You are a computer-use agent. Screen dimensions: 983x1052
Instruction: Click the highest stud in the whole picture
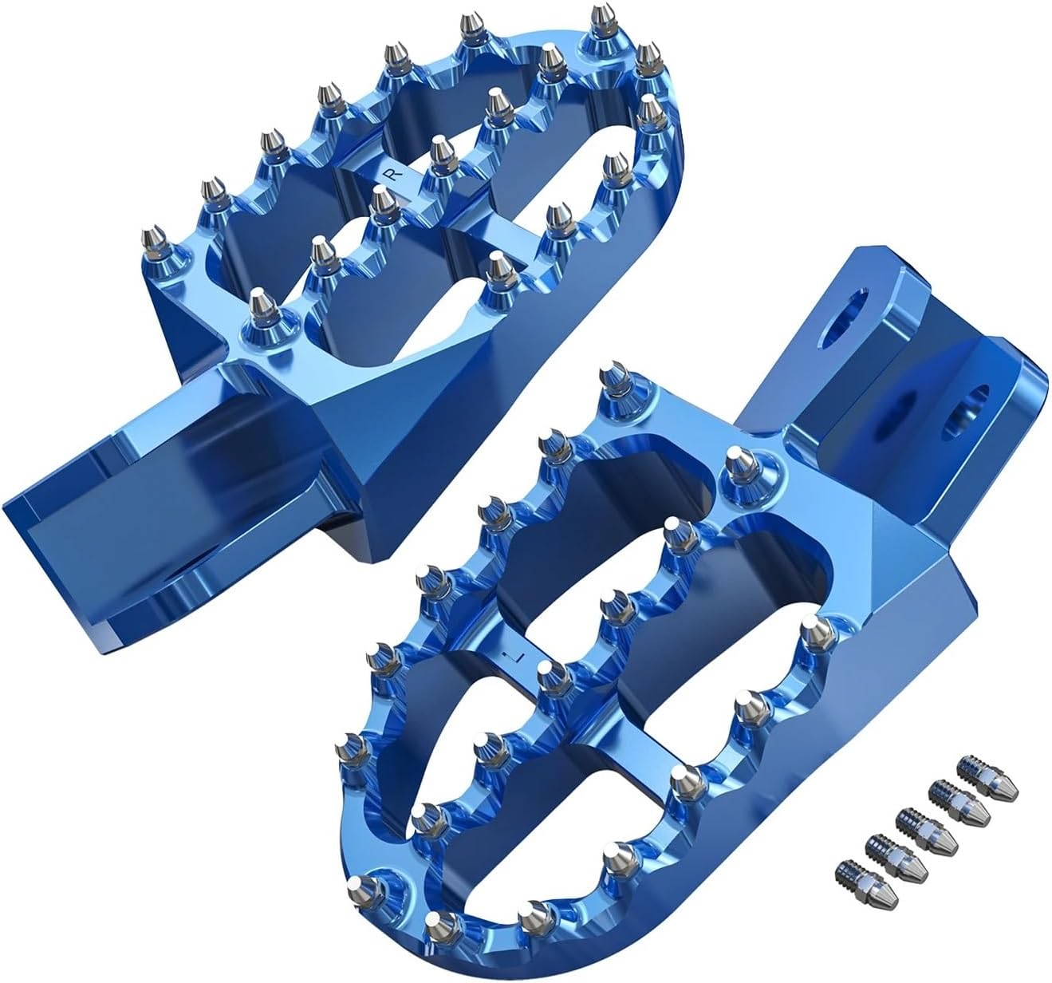coord(601,18)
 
